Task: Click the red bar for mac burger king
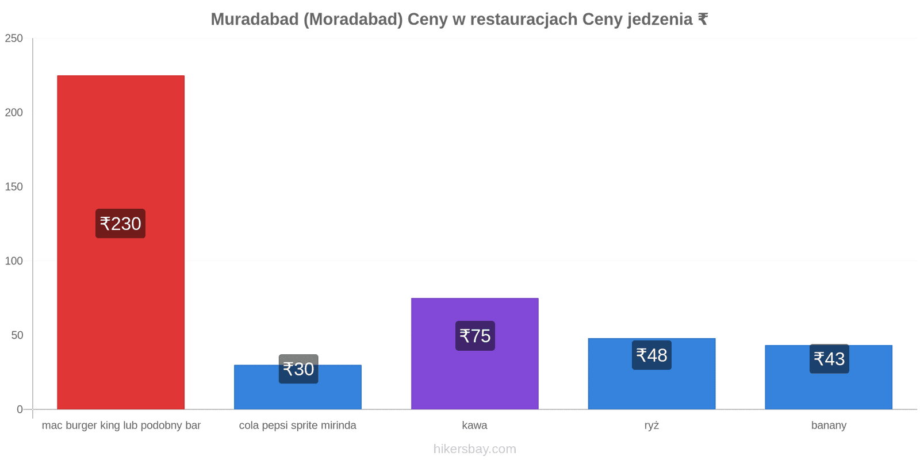(x=121, y=242)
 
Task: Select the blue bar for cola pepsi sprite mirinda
(x=298, y=387)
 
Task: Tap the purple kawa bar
(x=475, y=354)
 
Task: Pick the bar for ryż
(x=652, y=374)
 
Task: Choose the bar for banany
(x=829, y=377)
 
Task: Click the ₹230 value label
(x=120, y=224)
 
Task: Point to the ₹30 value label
(x=298, y=369)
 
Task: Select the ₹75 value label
(x=475, y=336)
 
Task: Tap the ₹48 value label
(x=652, y=355)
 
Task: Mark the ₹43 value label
(x=829, y=359)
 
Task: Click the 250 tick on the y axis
(x=14, y=38)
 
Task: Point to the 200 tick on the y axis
(x=14, y=113)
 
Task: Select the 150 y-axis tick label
(x=14, y=187)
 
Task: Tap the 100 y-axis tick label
(x=14, y=261)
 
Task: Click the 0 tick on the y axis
(x=20, y=409)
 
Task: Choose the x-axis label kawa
(x=475, y=425)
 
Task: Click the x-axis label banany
(x=829, y=425)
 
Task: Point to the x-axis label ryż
(x=652, y=425)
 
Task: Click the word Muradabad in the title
(x=255, y=20)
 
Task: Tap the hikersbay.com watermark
(x=475, y=449)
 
